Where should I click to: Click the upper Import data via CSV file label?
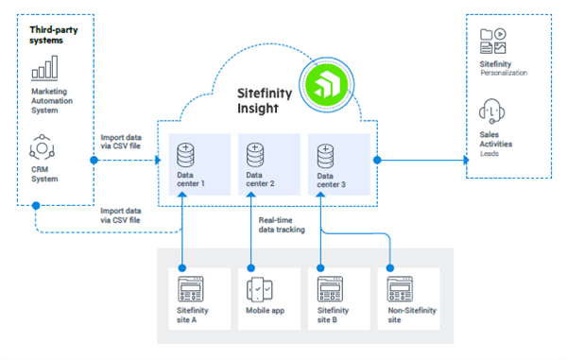[x=123, y=143]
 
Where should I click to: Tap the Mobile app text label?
[x=267, y=312]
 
